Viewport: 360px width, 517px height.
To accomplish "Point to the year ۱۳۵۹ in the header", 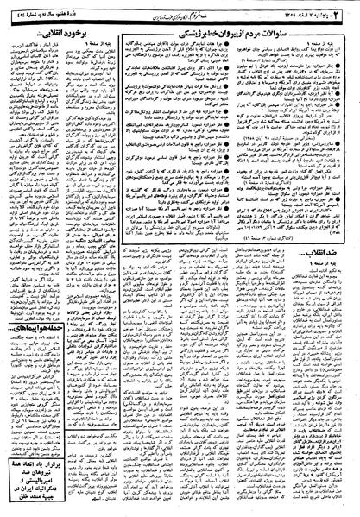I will click(x=286, y=8).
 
